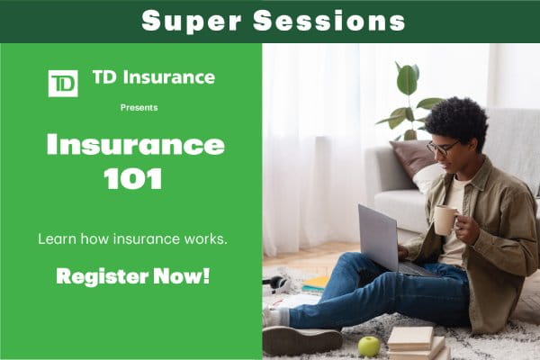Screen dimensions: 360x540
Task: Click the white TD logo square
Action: [x=63, y=83]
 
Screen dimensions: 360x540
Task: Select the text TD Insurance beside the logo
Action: [x=153, y=77]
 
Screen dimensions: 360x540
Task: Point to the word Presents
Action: [x=139, y=107]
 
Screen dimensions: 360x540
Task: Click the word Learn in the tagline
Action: [x=54, y=240]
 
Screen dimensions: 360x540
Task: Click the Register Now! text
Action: [x=132, y=275]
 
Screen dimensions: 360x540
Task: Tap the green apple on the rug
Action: [x=369, y=346]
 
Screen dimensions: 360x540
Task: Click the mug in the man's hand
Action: [x=445, y=220]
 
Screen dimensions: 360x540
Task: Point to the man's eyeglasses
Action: [x=440, y=147]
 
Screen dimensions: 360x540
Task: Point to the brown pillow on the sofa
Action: [x=413, y=159]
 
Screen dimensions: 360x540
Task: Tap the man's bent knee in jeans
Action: [x=359, y=270]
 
